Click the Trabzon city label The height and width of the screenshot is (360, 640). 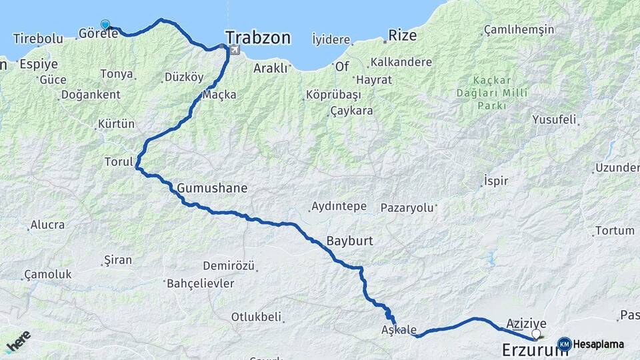[x=257, y=38]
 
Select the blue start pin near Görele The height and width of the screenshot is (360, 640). [x=105, y=25]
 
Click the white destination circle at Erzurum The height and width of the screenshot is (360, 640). [x=536, y=333]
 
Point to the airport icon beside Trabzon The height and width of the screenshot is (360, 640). [x=234, y=51]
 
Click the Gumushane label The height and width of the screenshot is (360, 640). [x=212, y=189]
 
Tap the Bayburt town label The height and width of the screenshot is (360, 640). [x=350, y=241]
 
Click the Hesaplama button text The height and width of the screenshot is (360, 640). [x=599, y=345]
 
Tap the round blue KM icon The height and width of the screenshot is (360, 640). [x=564, y=345]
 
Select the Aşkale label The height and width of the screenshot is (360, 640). [x=399, y=330]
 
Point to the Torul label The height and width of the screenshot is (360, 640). [x=118, y=162]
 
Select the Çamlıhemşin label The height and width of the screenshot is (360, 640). [x=519, y=30]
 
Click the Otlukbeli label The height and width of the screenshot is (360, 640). [x=256, y=317]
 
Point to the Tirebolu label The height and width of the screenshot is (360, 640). [x=38, y=39]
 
